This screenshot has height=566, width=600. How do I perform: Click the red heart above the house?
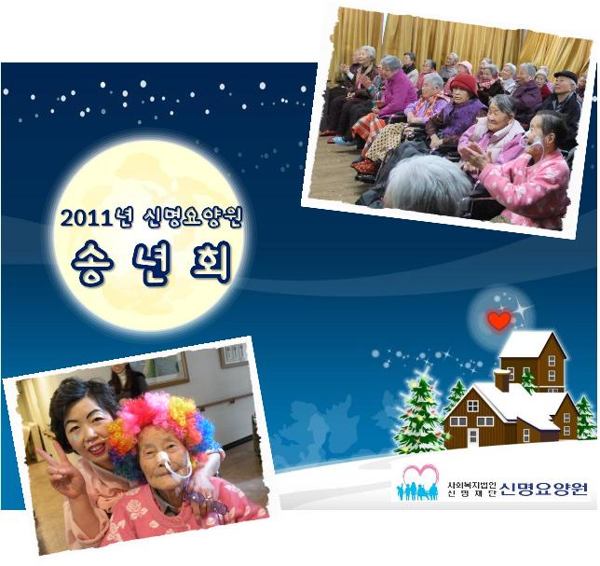(499, 321)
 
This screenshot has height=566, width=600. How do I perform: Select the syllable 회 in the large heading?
(210, 262)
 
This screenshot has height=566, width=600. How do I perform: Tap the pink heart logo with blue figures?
(418, 482)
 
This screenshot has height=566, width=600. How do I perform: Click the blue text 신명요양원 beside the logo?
(544, 489)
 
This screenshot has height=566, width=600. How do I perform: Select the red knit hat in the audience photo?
(463, 84)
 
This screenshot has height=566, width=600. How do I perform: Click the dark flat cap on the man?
(566, 76)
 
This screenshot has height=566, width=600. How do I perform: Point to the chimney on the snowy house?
(501, 380)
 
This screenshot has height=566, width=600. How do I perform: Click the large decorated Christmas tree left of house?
(420, 414)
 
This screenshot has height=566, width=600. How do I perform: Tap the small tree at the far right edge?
(586, 418)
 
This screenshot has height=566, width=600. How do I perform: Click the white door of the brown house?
(473, 437)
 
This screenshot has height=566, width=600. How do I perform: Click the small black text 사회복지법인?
(471, 485)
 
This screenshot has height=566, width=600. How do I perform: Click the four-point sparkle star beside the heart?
(521, 310)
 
